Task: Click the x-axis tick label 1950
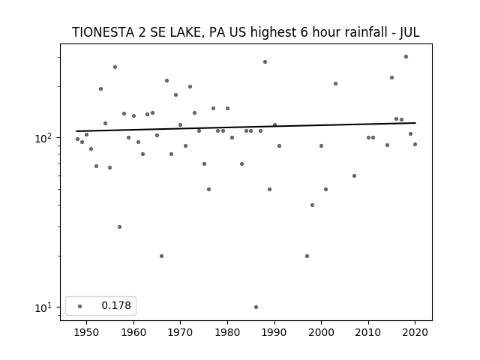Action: tap(86, 332)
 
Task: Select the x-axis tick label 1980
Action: tap(227, 332)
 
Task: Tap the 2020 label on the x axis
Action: tap(415, 332)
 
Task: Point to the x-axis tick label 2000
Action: tap(321, 332)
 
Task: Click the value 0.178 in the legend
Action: tap(116, 305)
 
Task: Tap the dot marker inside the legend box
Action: tap(80, 306)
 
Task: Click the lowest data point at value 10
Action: tap(256, 307)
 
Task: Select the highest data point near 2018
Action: tap(406, 57)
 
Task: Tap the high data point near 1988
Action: tap(265, 61)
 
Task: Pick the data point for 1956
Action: tap(115, 67)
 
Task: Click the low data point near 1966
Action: tap(162, 256)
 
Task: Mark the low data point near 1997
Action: tap(307, 256)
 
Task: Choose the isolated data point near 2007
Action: tap(354, 175)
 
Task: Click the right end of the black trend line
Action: tap(415, 123)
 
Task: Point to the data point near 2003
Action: tap(335, 83)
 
